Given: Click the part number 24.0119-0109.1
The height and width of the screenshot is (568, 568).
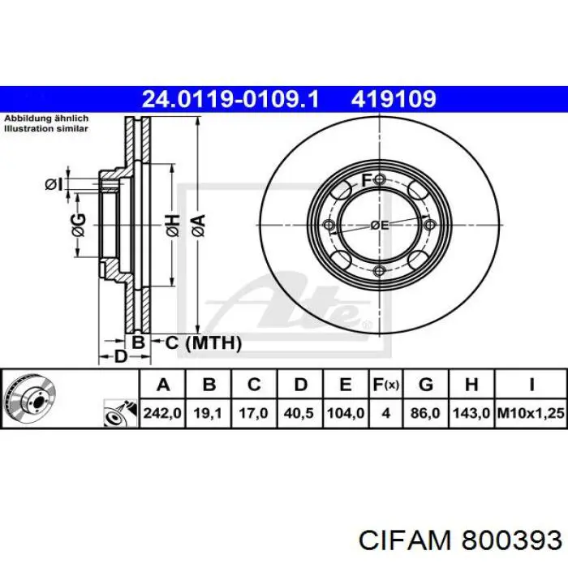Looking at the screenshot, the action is (x=230, y=99).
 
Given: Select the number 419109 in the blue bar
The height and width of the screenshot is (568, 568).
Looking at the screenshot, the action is (x=394, y=99).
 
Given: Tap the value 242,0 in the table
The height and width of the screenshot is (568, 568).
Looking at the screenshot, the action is (x=162, y=413).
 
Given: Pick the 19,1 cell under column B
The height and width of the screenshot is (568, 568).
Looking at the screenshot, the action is (x=208, y=413).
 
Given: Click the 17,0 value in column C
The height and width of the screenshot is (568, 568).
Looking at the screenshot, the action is (x=253, y=413).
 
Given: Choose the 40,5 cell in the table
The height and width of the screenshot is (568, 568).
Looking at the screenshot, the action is (x=299, y=413).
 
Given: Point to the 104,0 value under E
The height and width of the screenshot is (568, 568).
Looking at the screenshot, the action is (x=346, y=413).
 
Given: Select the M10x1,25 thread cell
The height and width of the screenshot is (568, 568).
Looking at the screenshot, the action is (x=531, y=413).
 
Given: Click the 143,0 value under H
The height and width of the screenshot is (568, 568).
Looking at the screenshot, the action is (x=471, y=413).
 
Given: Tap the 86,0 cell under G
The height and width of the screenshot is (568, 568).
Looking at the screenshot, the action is (x=425, y=413).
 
